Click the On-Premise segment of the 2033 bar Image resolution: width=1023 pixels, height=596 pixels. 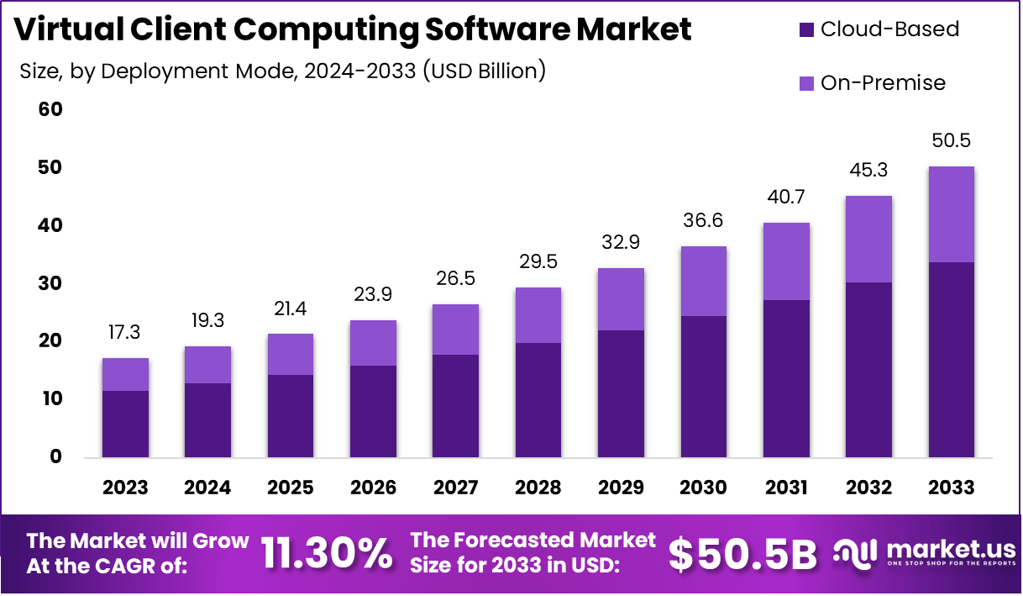tap(952, 214)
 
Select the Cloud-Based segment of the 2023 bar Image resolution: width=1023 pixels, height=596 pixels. tap(125, 424)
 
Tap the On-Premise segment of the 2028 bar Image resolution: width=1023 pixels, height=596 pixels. tap(538, 315)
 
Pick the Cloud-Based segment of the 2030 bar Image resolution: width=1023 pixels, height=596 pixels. tap(704, 387)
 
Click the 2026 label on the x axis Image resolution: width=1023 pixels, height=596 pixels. tap(373, 488)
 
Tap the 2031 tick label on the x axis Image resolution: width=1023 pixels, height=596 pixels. tap(786, 488)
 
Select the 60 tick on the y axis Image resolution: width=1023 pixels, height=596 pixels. tap(50, 110)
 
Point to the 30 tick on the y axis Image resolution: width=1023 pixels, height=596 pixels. tap(50, 283)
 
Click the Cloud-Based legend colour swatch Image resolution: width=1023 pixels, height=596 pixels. tap(806, 29)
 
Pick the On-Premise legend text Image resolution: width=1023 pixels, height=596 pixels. tap(883, 82)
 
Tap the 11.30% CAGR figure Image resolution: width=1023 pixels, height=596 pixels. tap(327, 553)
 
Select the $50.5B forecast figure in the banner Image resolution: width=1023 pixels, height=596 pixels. tap(742, 553)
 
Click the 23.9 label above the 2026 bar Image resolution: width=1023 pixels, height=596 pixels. tap(373, 294)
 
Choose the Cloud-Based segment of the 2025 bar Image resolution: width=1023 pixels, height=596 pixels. tap(291, 416)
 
